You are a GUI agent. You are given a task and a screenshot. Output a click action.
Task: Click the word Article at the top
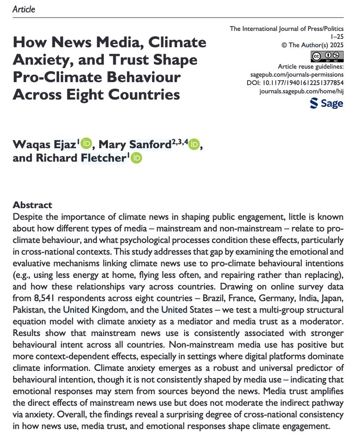(24, 9)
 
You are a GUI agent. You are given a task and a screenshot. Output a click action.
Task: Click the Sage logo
(327, 104)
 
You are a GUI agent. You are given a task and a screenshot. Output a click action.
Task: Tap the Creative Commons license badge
(327, 56)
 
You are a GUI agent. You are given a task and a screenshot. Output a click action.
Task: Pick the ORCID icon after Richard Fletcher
(137, 158)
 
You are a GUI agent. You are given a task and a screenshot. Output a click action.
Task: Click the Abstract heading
(33, 205)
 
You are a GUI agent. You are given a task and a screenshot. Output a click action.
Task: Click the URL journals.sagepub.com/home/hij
(302, 91)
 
